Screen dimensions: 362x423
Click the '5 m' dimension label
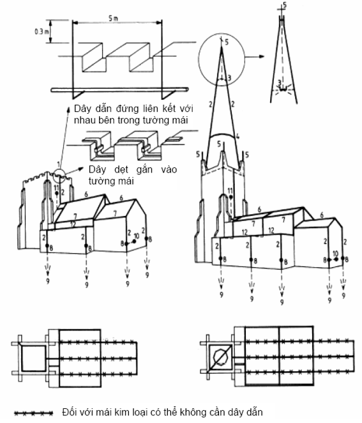pos(113,18)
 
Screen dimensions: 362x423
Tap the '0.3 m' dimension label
pos(41,31)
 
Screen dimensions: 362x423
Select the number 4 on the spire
pos(238,137)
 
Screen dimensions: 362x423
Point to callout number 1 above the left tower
pos(58,164)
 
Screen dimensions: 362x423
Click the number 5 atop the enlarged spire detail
pos(285,5)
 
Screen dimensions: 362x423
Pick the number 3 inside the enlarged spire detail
pos(280,82)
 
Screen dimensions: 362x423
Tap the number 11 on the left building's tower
pos(57,187)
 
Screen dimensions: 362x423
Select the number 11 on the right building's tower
pos(230,191)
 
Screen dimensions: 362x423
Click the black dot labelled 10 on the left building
pos(134,241)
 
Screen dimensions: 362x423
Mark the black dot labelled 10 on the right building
pos(336,259)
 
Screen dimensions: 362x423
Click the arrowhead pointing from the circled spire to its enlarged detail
pos(261,56)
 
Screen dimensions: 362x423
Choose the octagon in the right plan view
pos(221,357)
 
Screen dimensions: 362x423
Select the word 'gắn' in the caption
pos(144,170)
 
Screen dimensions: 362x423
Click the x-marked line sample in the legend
pos(34,413)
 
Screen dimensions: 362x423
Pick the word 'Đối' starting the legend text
pos(70,412)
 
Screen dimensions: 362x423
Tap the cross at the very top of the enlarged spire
pos(282,10)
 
